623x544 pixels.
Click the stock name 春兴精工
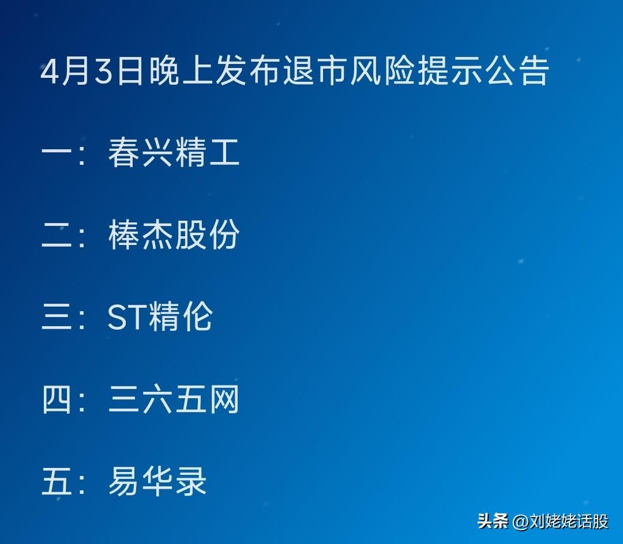coord(174,152)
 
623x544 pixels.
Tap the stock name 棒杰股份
coord(174,235)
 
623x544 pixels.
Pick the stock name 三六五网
coord(174,399)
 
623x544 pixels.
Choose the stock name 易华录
coord(157,481)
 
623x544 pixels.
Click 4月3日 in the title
coord(92,71)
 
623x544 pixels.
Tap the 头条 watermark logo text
coord(493,521)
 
